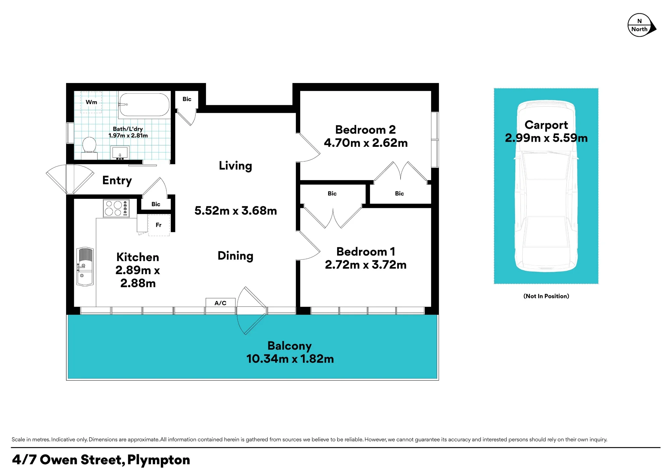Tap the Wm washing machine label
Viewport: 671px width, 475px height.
[x=91, y=102]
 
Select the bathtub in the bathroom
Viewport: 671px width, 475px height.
[x=144, y=105]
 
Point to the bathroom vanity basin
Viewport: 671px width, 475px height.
[x=120, y=153]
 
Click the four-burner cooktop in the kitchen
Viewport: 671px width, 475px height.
[x=116, y=208]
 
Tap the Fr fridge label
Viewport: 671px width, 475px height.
[x=159, y=225]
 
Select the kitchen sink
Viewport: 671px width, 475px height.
[x=85, y=267]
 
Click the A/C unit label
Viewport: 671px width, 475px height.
[x=220, y=303]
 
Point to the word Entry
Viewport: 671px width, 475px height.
[x=117, y=180]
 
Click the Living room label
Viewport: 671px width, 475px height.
[x=236, y=166]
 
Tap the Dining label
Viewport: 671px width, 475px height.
[x=236, y=256]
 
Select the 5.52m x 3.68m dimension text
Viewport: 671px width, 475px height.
[x=236, y=211]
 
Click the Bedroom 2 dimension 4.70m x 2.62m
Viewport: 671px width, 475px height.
[x=366, y=143]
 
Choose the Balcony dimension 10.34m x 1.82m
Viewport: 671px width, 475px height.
[x=290, y=359]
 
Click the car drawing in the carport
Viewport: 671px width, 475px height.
[x=546, y=186]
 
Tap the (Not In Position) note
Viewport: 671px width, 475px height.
[x=546, y=296]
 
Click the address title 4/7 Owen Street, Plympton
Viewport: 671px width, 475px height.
[x=101, y=460]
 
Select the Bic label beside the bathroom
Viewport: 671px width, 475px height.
[x=187, y=99]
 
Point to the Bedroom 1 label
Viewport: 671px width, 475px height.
[x=366, y=252]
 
